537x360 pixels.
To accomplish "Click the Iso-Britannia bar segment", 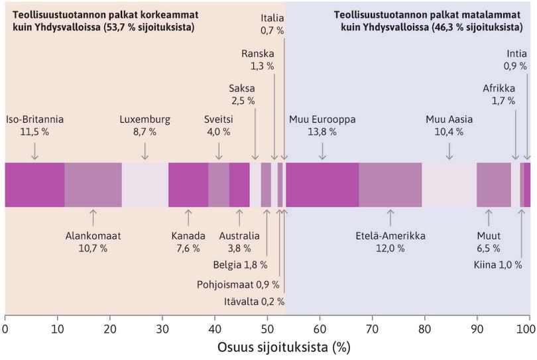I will click(34, 184).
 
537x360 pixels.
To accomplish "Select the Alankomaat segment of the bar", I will click(93, 184).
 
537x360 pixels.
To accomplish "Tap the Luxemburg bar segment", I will click(145, 184).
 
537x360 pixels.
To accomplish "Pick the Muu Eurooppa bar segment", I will click(322, 184).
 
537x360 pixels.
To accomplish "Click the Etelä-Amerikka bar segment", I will click(390, 184).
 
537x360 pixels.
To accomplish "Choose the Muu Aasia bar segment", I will click(449, 184).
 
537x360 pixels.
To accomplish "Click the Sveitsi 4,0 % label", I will click(217, 125).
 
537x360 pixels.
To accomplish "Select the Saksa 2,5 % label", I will click(242, 94).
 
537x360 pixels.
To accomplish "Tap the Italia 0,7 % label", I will click(272, 25).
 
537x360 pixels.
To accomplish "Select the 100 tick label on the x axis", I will click(528, 328).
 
